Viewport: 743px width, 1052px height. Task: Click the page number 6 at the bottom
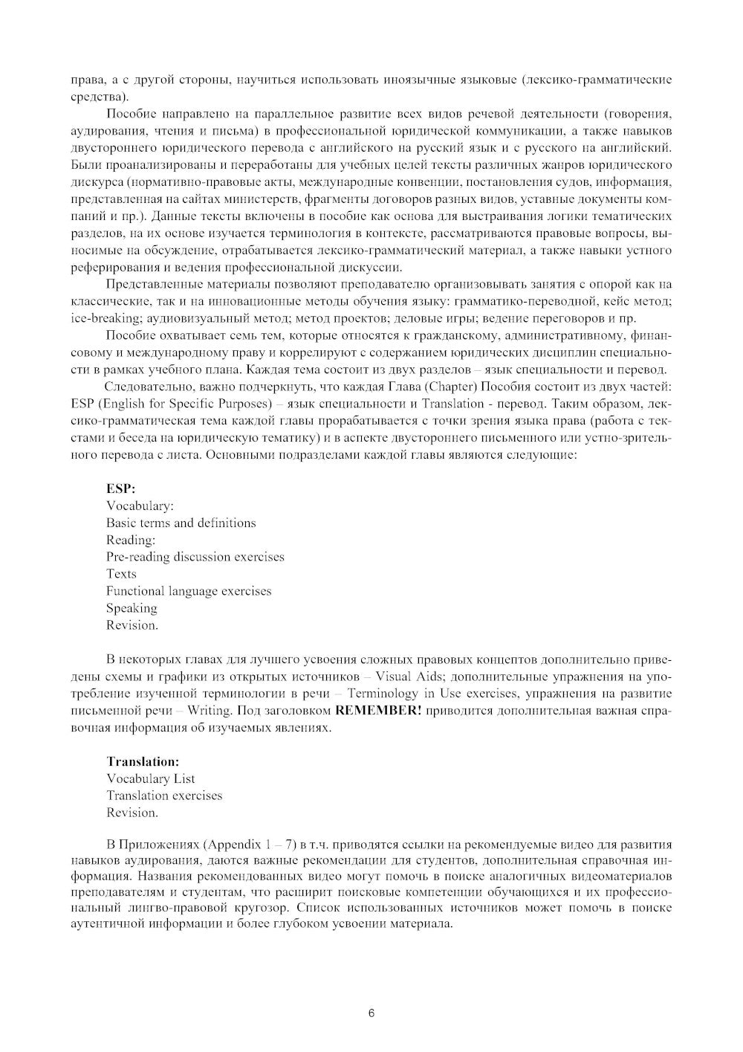point(371,1013)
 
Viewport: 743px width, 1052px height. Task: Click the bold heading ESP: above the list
point(120,488)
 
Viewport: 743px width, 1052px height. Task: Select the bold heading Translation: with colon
point(143,761)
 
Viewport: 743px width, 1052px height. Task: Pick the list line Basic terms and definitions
point(181,523)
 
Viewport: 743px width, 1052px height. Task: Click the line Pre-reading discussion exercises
point(195,557)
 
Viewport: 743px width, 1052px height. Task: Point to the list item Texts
point(121,574)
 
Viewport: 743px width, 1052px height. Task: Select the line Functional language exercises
point(189,591)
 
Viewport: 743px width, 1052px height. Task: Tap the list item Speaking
point(132,608)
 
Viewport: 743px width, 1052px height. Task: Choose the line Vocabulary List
point(151,778)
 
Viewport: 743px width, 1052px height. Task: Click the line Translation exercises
point(164,796)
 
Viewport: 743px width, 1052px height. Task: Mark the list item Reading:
point(131,540)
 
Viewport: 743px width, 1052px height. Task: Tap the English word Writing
point(209,711)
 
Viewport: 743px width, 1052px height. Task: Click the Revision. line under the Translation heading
point(132,813)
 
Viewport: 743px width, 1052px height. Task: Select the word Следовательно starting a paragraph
point(145,387)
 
